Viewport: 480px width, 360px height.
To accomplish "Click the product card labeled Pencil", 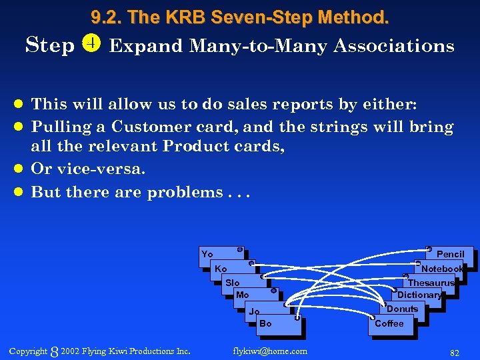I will pos(451,255).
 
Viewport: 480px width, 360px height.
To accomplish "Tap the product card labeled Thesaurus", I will pos(431,283).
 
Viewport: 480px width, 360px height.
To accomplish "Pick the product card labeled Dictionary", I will pos(419,295).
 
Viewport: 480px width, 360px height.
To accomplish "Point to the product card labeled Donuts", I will pos(403,309).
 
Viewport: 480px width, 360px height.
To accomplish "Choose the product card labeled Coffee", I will pos(390,324).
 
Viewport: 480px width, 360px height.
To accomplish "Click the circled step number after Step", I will pos(91,45).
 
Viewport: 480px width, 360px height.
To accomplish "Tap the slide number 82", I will pos(455,351).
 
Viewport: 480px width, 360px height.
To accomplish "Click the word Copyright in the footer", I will pos(28,351).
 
